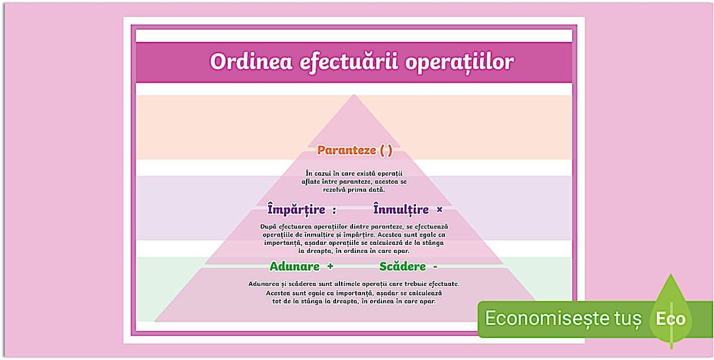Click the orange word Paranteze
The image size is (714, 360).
[346, 150]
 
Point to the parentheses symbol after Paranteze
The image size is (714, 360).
[386, 150]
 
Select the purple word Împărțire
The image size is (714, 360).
[296, 210]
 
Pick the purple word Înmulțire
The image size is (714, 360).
[401, 210]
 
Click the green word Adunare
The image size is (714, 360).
[294, 266]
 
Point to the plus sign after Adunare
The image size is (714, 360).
[330, 266]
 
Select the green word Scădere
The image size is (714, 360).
[402, 266]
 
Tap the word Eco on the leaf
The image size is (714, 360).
[671, 319]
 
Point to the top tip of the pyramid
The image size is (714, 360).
[354, 96]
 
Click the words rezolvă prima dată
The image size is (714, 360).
[354, 189]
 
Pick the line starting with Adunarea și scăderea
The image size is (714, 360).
[354, 283]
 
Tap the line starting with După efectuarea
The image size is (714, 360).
[354, 226]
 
